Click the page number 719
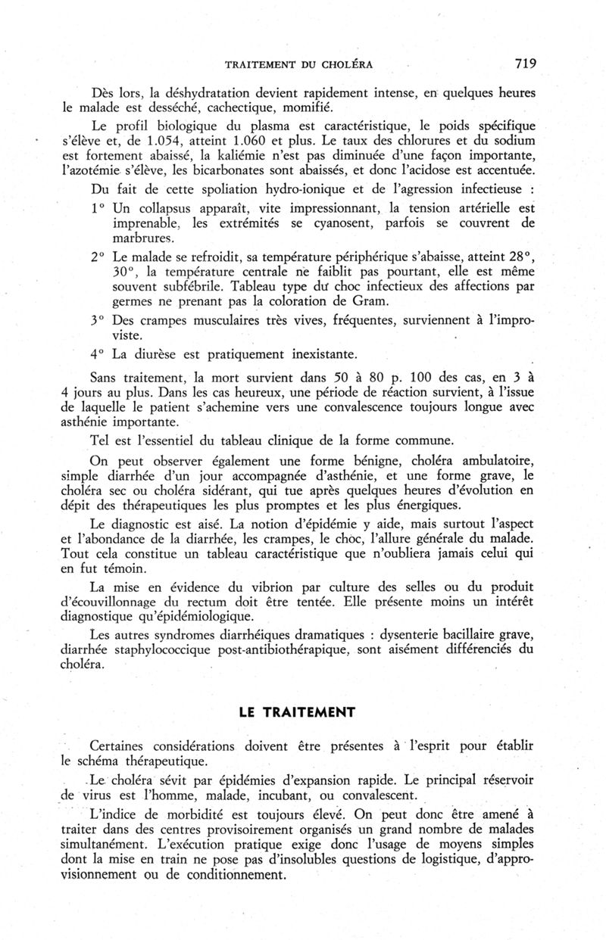523,64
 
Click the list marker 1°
98,207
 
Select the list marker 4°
98,353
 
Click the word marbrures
141,238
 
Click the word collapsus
167,207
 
